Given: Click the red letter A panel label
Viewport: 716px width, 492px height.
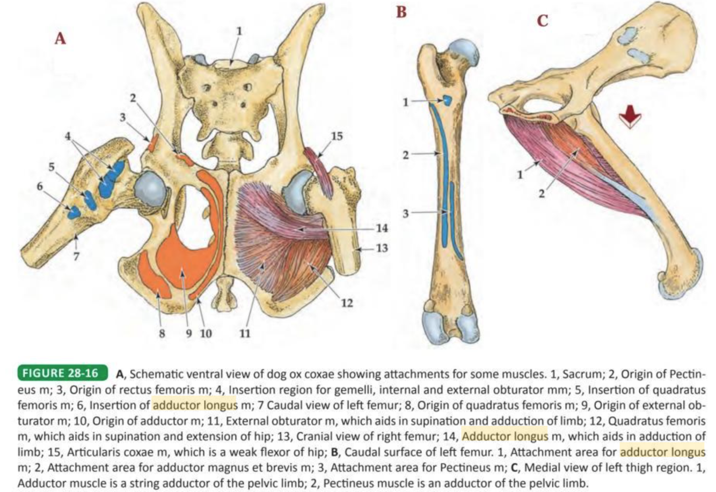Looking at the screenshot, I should click(61, 38).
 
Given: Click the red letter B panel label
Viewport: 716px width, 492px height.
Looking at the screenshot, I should click(401, 12).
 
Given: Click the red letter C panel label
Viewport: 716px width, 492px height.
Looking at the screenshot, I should click(543, 21).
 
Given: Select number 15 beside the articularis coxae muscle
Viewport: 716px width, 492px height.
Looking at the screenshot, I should click(337, 136).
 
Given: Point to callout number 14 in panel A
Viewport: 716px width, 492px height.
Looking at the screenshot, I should click(382, 228).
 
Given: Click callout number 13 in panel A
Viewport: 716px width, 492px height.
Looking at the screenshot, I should click(382, 249).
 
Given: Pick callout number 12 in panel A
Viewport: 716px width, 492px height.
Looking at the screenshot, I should click(347, 302).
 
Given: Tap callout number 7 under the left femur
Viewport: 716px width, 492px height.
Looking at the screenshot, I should click(76, 256).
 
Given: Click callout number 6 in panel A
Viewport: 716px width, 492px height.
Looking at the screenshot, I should click(40, 186).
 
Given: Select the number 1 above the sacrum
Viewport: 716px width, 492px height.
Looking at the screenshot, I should click(239, 31).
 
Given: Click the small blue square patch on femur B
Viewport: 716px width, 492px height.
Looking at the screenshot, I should click(447, 100).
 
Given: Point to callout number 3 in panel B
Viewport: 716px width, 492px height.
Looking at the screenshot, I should click(406, 213).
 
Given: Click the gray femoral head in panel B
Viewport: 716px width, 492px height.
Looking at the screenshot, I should click(464, 52).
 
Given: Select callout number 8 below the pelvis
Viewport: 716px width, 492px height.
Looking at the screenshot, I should click(162, 333).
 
